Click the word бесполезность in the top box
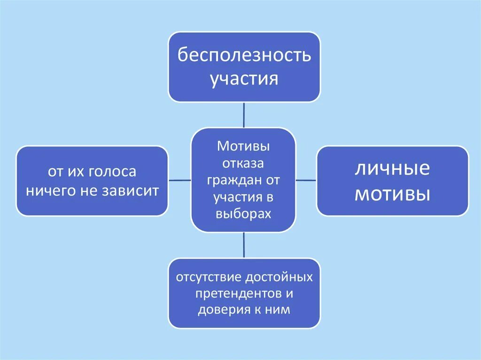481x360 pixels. click(244, 55)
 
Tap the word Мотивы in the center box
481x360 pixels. click(243, 146)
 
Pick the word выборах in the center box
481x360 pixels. click(243, 214)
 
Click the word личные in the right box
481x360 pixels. click(392, 169)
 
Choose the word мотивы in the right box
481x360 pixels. click(392, 193)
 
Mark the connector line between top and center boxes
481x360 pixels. click(244, 115)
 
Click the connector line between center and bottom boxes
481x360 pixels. click(244, 245)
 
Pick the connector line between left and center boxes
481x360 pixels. click(179, 180)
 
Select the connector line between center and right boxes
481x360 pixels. click(306, 180)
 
